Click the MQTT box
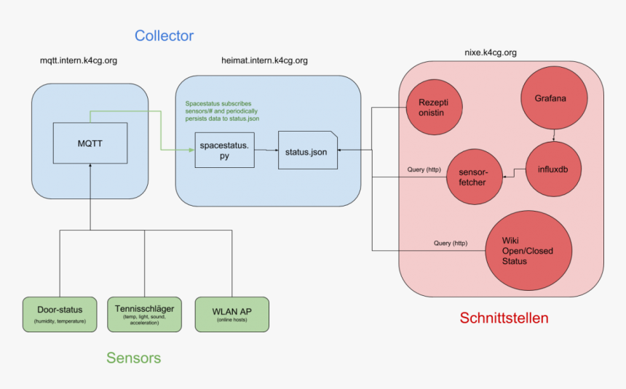[x=90, y=143]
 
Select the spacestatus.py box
[x=224, y=151]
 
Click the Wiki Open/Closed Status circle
[x=527, y=250]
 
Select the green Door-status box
[x=60, y=314]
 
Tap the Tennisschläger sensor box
[x=144, y=314]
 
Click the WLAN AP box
[x=231, y=314]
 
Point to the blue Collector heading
[x=164, y=36]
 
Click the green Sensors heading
[x=133, y=358]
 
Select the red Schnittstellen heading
[x=504, y=318]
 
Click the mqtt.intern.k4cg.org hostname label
[x=79, y=60]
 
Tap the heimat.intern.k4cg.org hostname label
[x=264, y=60]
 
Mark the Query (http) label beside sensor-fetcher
[x=424, y=170]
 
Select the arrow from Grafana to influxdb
[x=555, y=135]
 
